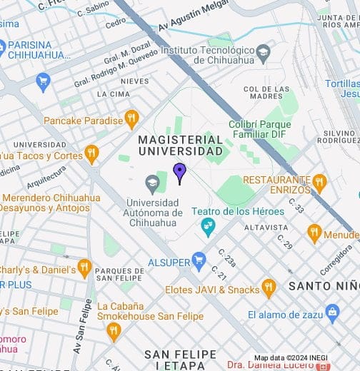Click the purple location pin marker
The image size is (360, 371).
179,172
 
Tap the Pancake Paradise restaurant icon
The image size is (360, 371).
131,119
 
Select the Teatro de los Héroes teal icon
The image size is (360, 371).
208,227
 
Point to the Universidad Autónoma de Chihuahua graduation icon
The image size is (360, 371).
151,185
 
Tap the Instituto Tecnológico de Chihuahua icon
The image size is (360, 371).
263,51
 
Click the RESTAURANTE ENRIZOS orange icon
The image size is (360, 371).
319,182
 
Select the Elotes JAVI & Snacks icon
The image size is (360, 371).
269,288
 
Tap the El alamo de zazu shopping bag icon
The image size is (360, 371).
331,312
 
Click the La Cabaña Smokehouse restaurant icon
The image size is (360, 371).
114,331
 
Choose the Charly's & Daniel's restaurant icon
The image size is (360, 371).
84,268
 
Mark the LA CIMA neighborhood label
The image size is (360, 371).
112,94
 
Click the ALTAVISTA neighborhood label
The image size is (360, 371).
265,228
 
